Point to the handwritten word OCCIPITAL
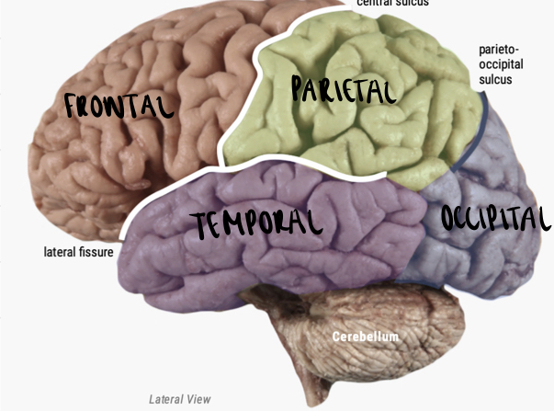(x=495, y=219)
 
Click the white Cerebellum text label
(x=366, y=337)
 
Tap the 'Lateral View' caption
(x=179, y=399)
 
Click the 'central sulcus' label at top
(x=393, y=3)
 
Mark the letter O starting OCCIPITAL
(x=447, y=219)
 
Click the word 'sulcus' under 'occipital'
(x=495, y=79)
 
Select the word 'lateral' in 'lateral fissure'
(x=60, y=250)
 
